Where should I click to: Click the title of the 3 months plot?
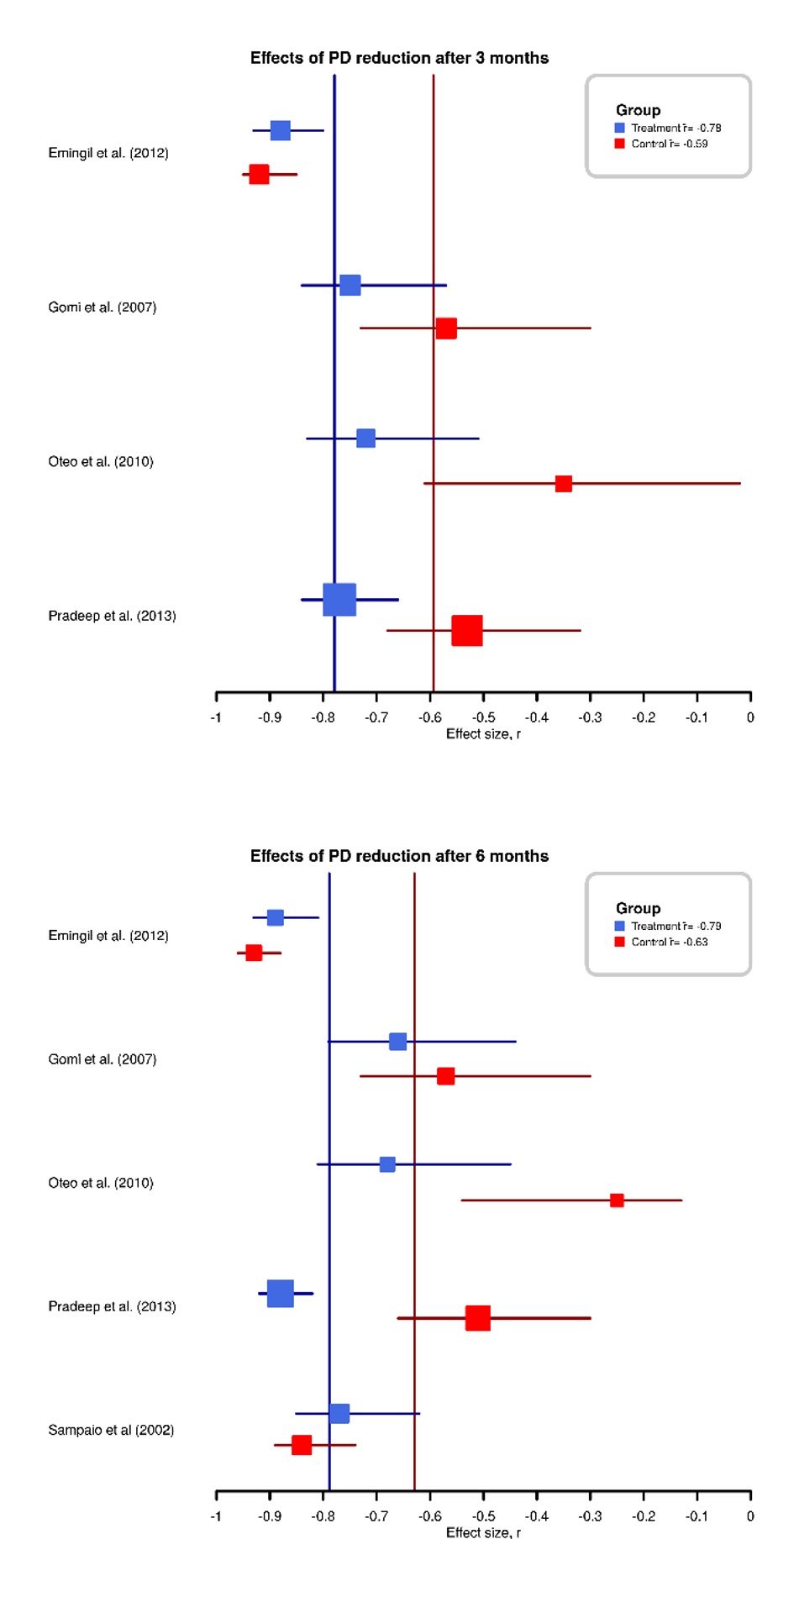point(399,58)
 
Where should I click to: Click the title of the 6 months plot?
point(399,856)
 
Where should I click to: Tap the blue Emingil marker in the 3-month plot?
point(281,131)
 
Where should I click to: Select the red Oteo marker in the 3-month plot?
point(564,484)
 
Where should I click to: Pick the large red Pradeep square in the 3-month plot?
point(467,630)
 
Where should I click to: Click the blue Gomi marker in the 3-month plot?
point(350,286)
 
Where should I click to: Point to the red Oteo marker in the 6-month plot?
point(617,1200)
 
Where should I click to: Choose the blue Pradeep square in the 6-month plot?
point(281,1294)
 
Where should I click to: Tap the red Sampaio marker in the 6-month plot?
point(302,1445)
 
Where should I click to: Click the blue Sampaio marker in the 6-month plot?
point(339,1414)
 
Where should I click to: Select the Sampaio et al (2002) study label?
point(111,1430)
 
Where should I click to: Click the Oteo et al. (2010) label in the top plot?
point(101,462)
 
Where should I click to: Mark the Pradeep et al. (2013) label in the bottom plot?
point(112,1306)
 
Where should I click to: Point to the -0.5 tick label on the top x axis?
point(483,717)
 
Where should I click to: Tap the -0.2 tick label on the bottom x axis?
point(644,1516)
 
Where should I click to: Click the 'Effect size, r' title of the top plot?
point(483,734)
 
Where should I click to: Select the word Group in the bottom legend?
point(639,908)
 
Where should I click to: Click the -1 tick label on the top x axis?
point(216,717)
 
